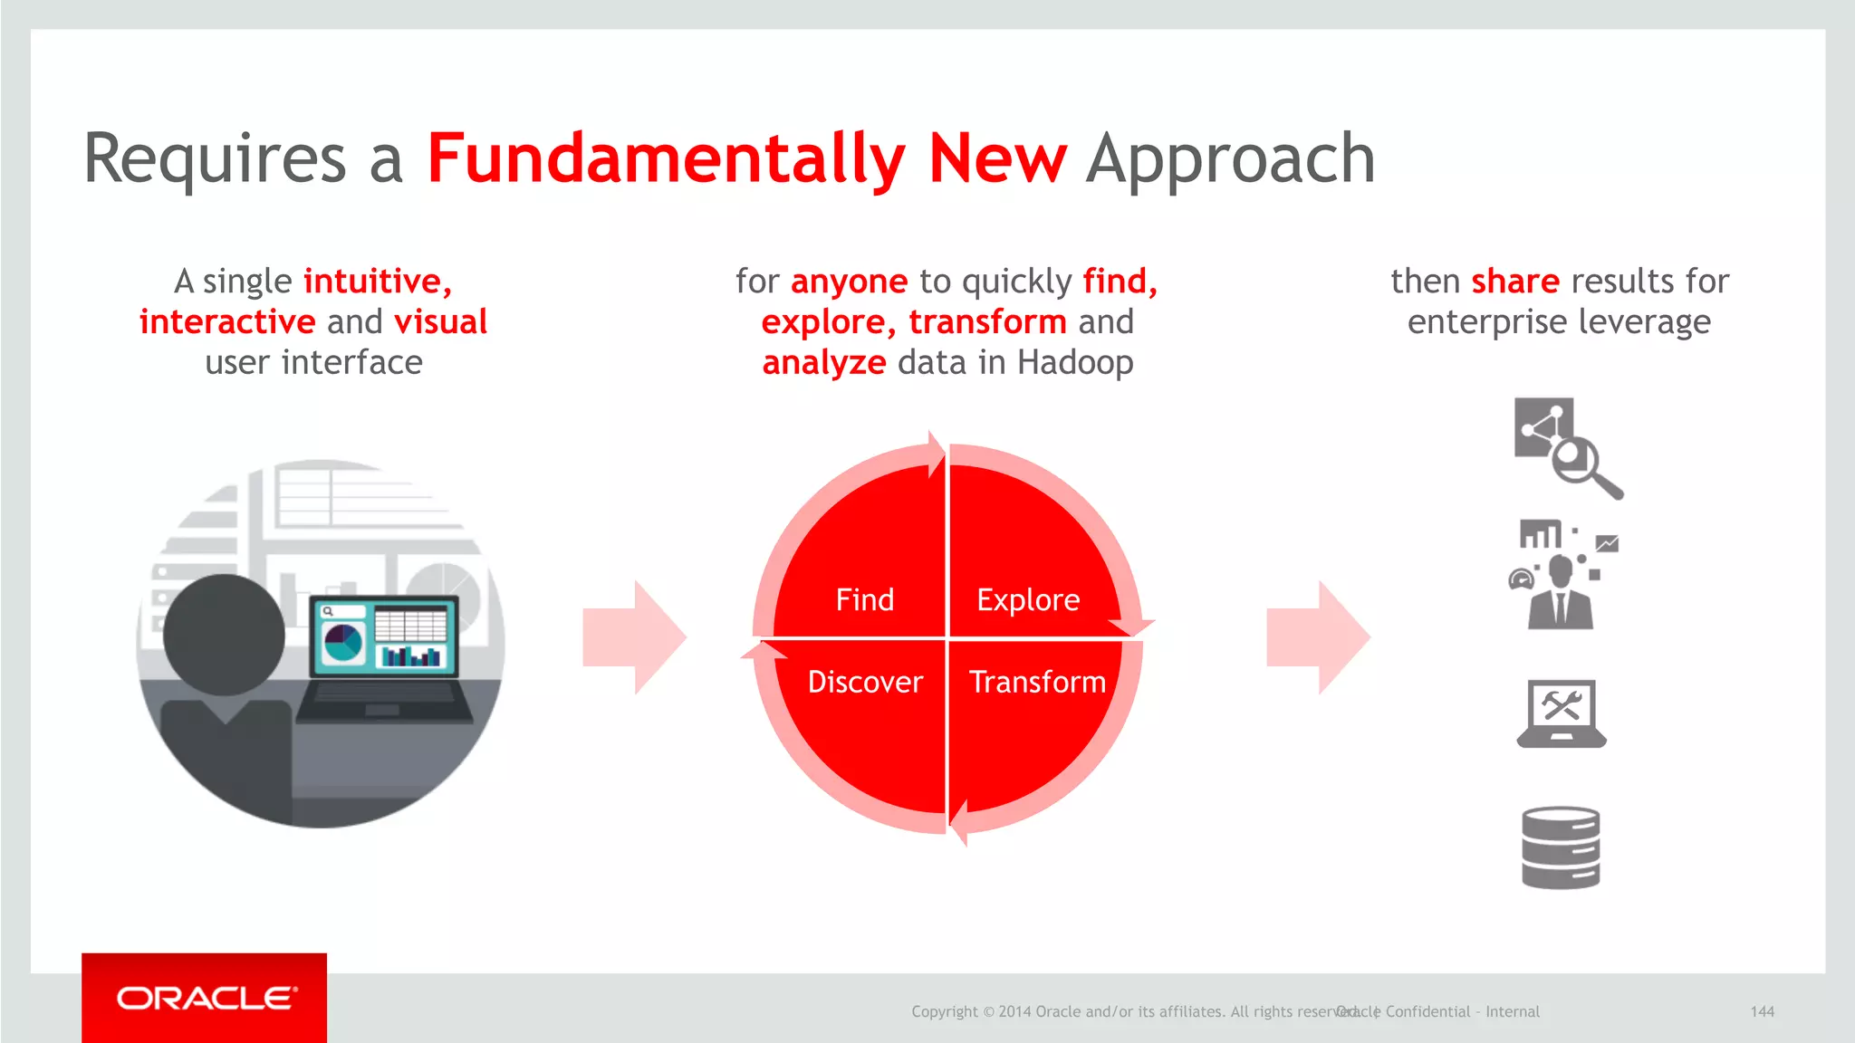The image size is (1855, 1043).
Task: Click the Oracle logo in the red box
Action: coord(206,998)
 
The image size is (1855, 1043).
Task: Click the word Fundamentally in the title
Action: coord(665,158)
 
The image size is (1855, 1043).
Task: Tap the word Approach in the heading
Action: coord(1230,158)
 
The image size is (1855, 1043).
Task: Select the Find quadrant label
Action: coord(864,599)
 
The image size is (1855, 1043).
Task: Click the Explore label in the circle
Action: coord(1028,599)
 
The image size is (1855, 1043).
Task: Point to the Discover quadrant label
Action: coord(865,681)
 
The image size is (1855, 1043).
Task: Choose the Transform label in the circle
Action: coord(1037,681)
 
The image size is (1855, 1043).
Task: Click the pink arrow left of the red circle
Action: coord(635,637)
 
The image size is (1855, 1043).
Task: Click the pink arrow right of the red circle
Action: coord(1319,637)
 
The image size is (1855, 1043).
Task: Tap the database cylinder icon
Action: coord(1561,847)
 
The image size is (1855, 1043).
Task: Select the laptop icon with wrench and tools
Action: coord(1561,713)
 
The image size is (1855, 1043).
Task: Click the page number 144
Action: coord(1762,1011)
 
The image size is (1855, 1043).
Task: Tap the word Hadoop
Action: coord(1075,362)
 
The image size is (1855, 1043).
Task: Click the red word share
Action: coord(1515,281)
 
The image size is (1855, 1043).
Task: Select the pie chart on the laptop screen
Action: coord(343,643)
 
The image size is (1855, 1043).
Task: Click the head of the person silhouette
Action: coord(224,634)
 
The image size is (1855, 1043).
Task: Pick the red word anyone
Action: coord(849,282)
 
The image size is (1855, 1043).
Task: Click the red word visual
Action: coord(441,321)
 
